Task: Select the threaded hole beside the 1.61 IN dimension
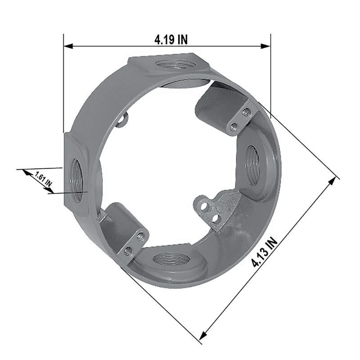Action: click(x=76, y=180)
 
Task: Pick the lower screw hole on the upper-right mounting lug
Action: click(x=233, y=127)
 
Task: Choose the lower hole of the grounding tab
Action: click(x=216, y=219)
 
